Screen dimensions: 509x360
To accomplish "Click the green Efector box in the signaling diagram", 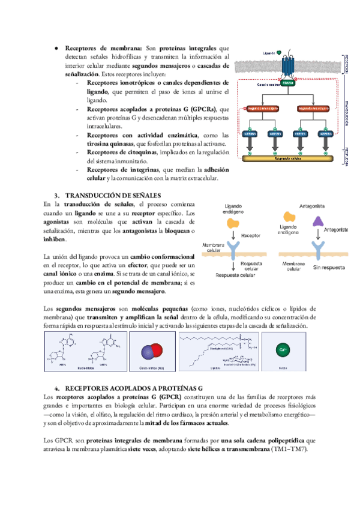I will [287, 83].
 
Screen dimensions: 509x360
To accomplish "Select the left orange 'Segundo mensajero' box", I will [262, 109].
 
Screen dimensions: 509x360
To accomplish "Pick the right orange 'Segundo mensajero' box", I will [313, 109].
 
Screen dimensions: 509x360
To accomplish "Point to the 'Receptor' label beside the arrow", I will [251, 236].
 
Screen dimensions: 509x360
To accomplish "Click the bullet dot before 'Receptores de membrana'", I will [56, 47].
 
